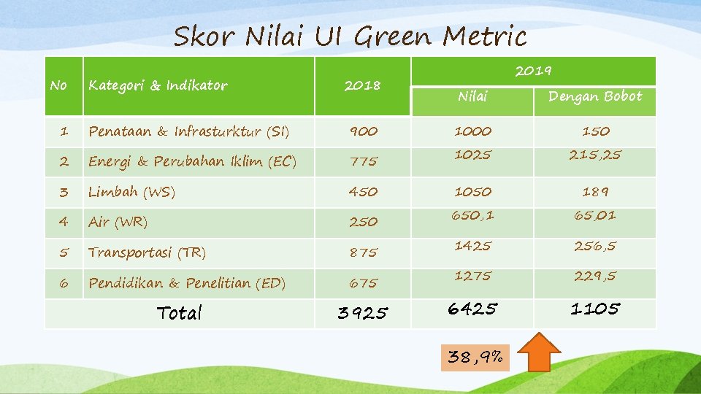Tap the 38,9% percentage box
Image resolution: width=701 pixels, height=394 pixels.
475,358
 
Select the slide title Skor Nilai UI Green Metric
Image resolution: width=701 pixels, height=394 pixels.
350,36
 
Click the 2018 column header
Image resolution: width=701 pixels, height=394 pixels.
362,85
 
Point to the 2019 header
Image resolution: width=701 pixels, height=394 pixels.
533,71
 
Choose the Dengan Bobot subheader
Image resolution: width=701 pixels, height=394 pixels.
595,96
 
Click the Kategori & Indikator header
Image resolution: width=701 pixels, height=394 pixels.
158,85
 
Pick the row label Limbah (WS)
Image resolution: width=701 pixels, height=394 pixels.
131,192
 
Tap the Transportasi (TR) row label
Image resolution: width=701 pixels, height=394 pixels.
147,252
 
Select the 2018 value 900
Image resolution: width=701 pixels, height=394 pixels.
363,131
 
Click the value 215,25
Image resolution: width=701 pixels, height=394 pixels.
596,155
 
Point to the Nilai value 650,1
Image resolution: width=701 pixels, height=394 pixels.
473,215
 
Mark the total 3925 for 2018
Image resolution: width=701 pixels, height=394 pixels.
363,314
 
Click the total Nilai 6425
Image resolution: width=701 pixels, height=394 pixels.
473,309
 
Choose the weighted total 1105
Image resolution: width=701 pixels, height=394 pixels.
595,309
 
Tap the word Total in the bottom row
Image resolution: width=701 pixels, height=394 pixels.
180,313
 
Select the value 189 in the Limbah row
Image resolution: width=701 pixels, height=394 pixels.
596,192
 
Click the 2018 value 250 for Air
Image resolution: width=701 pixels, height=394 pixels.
363,222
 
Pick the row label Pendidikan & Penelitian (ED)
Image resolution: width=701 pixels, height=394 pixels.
187,283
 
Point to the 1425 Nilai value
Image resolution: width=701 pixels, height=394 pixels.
473,246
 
